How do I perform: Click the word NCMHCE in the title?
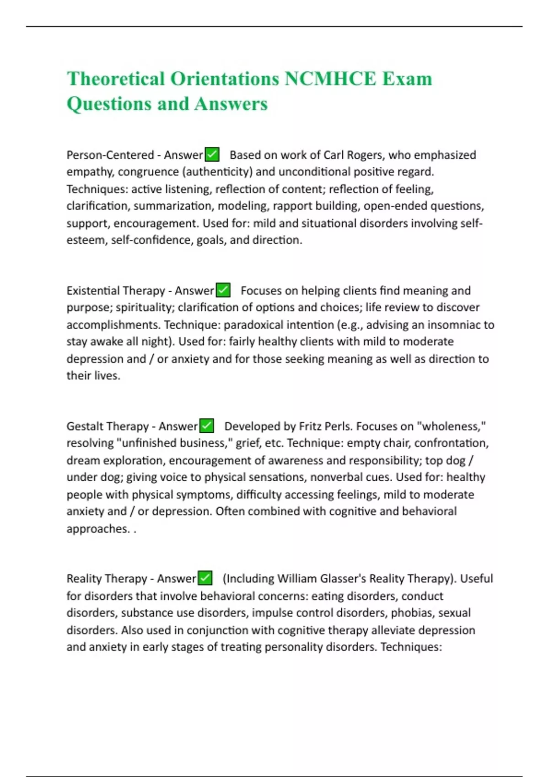330,79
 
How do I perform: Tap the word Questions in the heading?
108,104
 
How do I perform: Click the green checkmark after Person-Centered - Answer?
212,154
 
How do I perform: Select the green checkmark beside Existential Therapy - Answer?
223,290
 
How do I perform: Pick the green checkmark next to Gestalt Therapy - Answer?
207,426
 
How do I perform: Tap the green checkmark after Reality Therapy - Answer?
205,578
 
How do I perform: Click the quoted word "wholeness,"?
451,426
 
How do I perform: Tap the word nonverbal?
336,477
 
